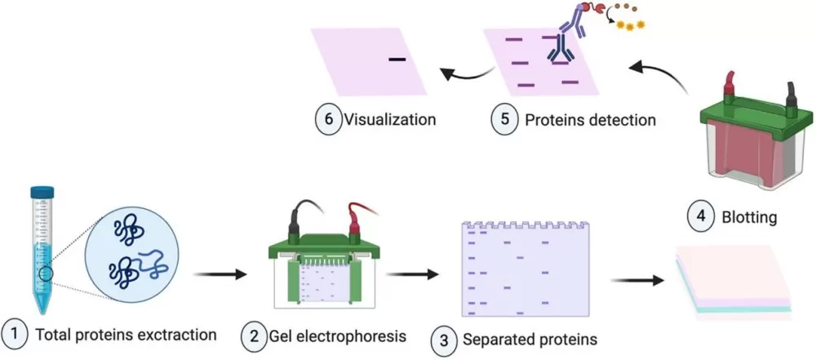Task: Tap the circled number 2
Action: pyautogui.click(x=254, y=334)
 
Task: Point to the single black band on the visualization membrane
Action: pyautogui.click(x=397, y=59)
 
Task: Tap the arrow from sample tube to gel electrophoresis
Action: pyautogui.click(x=215, y=275)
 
